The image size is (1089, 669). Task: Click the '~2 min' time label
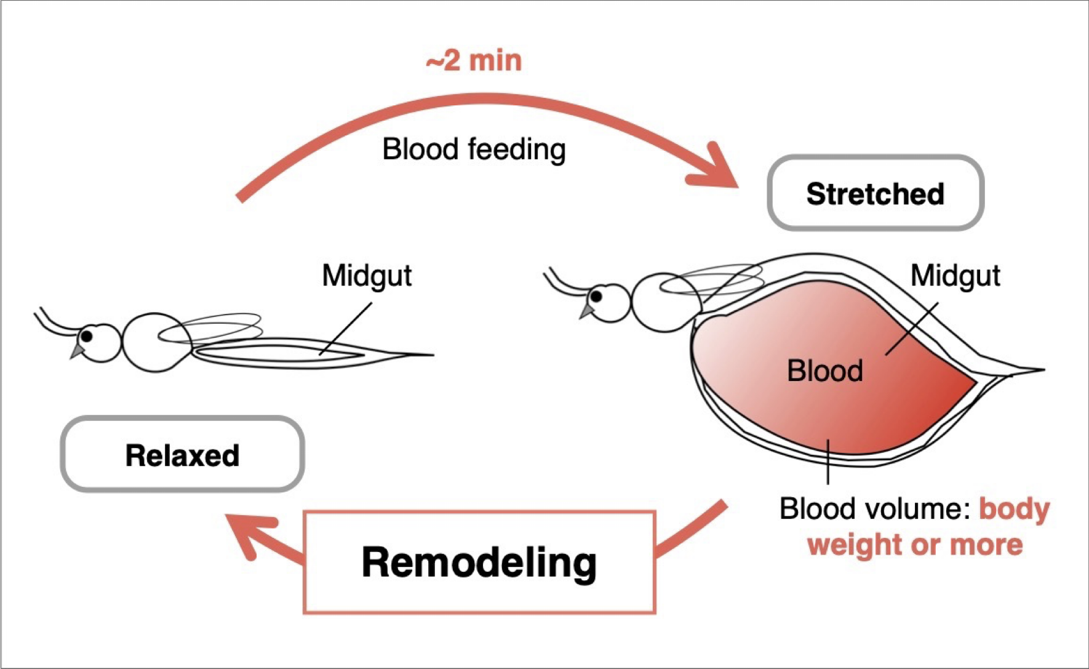tap(474, 61)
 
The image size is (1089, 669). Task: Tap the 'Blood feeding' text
tap(474, 150)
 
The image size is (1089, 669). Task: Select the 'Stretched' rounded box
tap(876, 193)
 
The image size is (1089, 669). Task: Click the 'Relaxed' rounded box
tap(182, 455)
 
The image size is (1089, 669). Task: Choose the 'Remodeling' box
tap(479, 562)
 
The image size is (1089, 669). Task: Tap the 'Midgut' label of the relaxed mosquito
tap(367, 276)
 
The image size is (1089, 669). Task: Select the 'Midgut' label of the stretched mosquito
tap(955, 276)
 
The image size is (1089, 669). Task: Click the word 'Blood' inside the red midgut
tap(824, 371)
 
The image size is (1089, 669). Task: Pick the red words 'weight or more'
tap(915, 545)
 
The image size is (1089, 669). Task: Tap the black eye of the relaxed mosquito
tap(87, 336)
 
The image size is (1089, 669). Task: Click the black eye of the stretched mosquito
tap(596, 297)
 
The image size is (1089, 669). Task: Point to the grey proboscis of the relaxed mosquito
tap(77, 352)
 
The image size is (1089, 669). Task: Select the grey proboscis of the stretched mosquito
tap(586, 311)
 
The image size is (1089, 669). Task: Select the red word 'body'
tap(1015, 510)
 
